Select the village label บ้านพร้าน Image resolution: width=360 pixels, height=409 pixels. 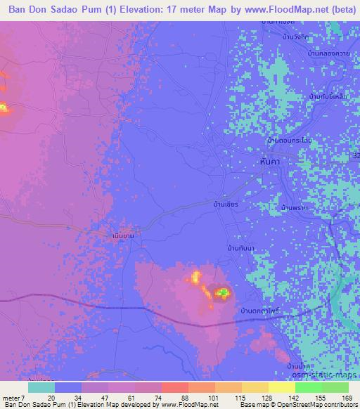tap(295, 209)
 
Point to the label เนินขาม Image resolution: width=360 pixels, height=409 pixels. tap(122, 236)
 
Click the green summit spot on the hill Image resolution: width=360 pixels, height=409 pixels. tap(222, 292)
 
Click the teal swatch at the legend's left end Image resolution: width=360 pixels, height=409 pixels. tap(41, 387)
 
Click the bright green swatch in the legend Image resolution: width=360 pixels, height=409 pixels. tap(308, 387)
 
